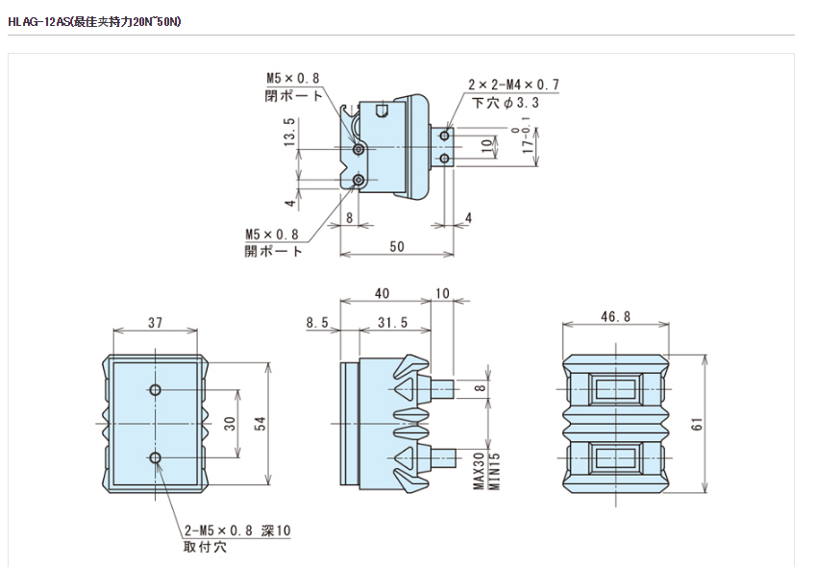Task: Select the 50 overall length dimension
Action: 397,247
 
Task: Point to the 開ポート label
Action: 273,251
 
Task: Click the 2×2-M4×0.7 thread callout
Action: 513,85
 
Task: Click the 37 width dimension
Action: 156,321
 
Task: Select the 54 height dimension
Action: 259,424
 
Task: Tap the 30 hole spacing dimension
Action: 230,423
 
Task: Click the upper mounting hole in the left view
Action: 155,389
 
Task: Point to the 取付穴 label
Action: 205,548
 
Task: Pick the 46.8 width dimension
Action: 614,316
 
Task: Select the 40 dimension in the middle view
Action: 382,292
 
